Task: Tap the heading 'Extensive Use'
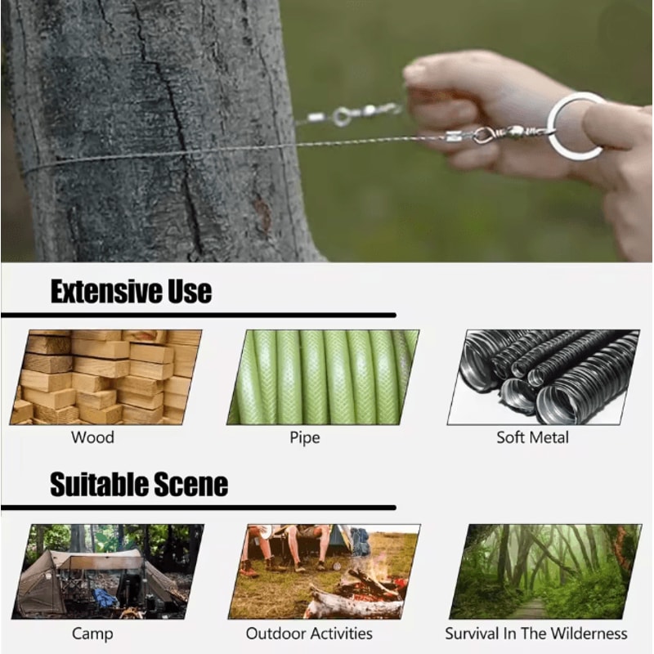[x=131, y=291]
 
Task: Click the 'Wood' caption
[x=92, y=437]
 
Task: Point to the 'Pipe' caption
[x=304, y=437]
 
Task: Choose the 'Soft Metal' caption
[x=532, y=437]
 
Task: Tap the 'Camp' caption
[x=92, y=634]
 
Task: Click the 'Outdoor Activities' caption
[x=309, y=634]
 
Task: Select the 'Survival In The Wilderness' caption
[x=536, y=634]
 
